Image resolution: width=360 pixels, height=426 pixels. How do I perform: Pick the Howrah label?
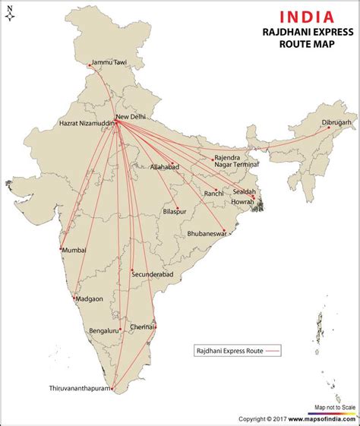pos(243,202)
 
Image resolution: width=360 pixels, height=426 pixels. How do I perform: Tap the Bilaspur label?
pos(176,213)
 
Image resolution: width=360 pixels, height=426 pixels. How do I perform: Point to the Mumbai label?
pos(74,250)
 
